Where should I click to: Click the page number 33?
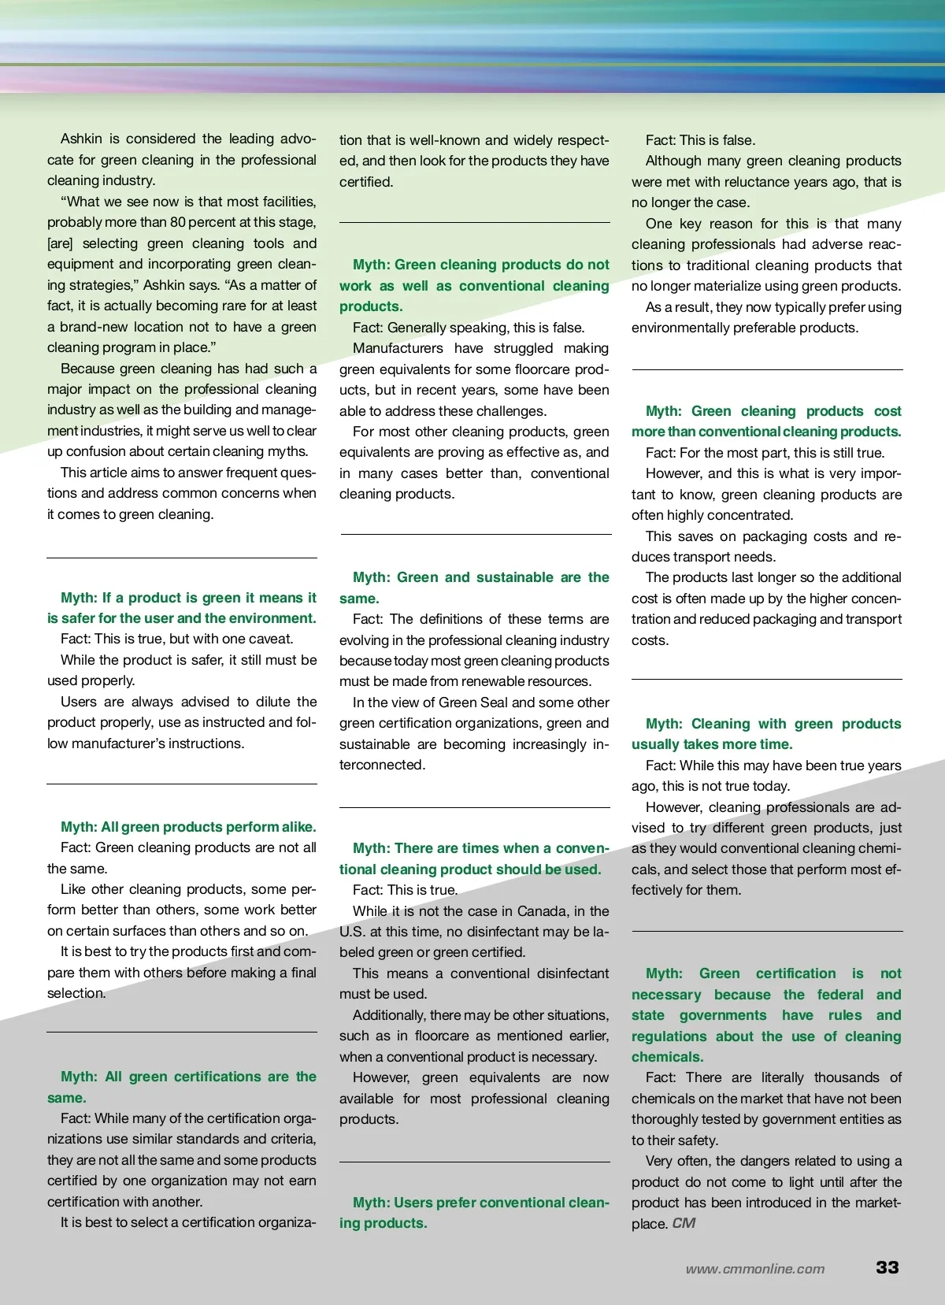point(887,1267)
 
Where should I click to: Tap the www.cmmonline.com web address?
point(754,1269)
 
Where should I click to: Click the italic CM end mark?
point(684,1223)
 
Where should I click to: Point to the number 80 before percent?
point(179,222)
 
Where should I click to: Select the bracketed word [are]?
point(60,243)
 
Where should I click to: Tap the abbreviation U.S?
point(350,932)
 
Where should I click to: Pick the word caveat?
point(266,639)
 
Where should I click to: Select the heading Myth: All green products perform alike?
point(188,827)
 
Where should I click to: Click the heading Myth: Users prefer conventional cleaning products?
point(474,1213)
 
